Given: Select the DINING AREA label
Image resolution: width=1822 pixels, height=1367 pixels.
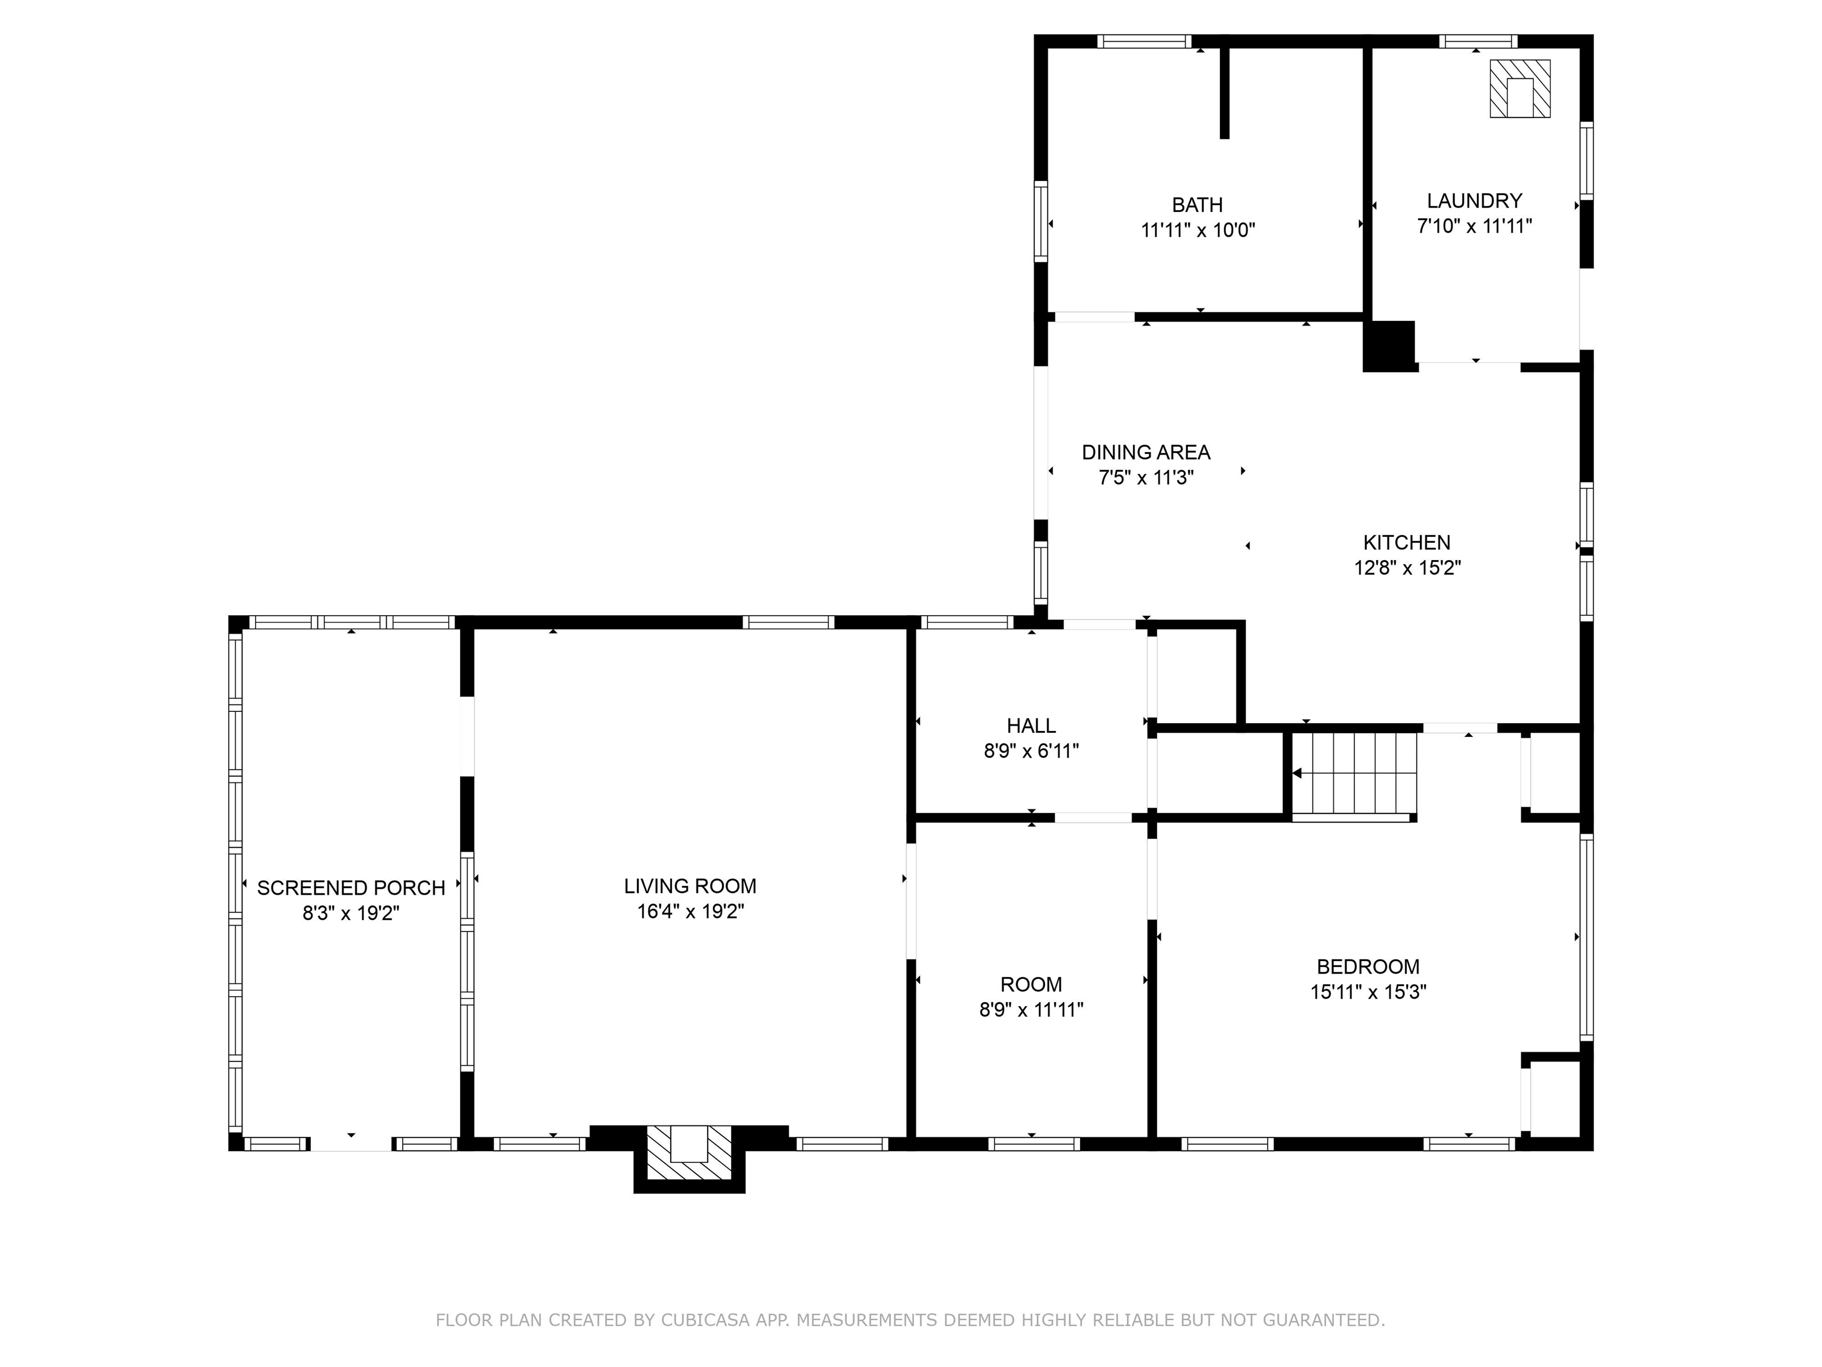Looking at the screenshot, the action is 1146,452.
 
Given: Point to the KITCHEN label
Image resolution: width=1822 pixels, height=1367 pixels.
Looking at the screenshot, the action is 1407,542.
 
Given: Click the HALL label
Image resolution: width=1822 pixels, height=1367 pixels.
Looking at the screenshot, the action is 1031,726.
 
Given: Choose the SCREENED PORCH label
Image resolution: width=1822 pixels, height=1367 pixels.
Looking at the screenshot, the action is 351,888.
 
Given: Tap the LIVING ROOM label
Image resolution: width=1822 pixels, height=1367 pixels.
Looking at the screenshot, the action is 690,886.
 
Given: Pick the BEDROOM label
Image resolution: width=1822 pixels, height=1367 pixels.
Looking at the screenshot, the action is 1368,967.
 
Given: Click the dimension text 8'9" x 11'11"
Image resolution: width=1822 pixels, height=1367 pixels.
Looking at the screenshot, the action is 1031,1009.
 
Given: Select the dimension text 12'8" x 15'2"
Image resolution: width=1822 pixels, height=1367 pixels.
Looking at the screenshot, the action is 1407,568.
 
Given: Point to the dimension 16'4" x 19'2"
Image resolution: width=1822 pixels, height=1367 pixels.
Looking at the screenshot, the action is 690,911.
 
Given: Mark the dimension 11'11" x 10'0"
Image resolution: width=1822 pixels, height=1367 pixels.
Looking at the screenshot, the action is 1197,230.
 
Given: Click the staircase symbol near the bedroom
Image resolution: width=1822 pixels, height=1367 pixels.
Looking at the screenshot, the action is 1354,775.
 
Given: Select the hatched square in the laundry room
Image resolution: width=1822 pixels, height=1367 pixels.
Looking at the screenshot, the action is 1520,88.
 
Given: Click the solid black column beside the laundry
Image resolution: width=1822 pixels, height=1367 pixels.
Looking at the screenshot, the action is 1390,345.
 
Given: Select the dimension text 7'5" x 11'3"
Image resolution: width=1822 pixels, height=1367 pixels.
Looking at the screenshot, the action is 1146,478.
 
